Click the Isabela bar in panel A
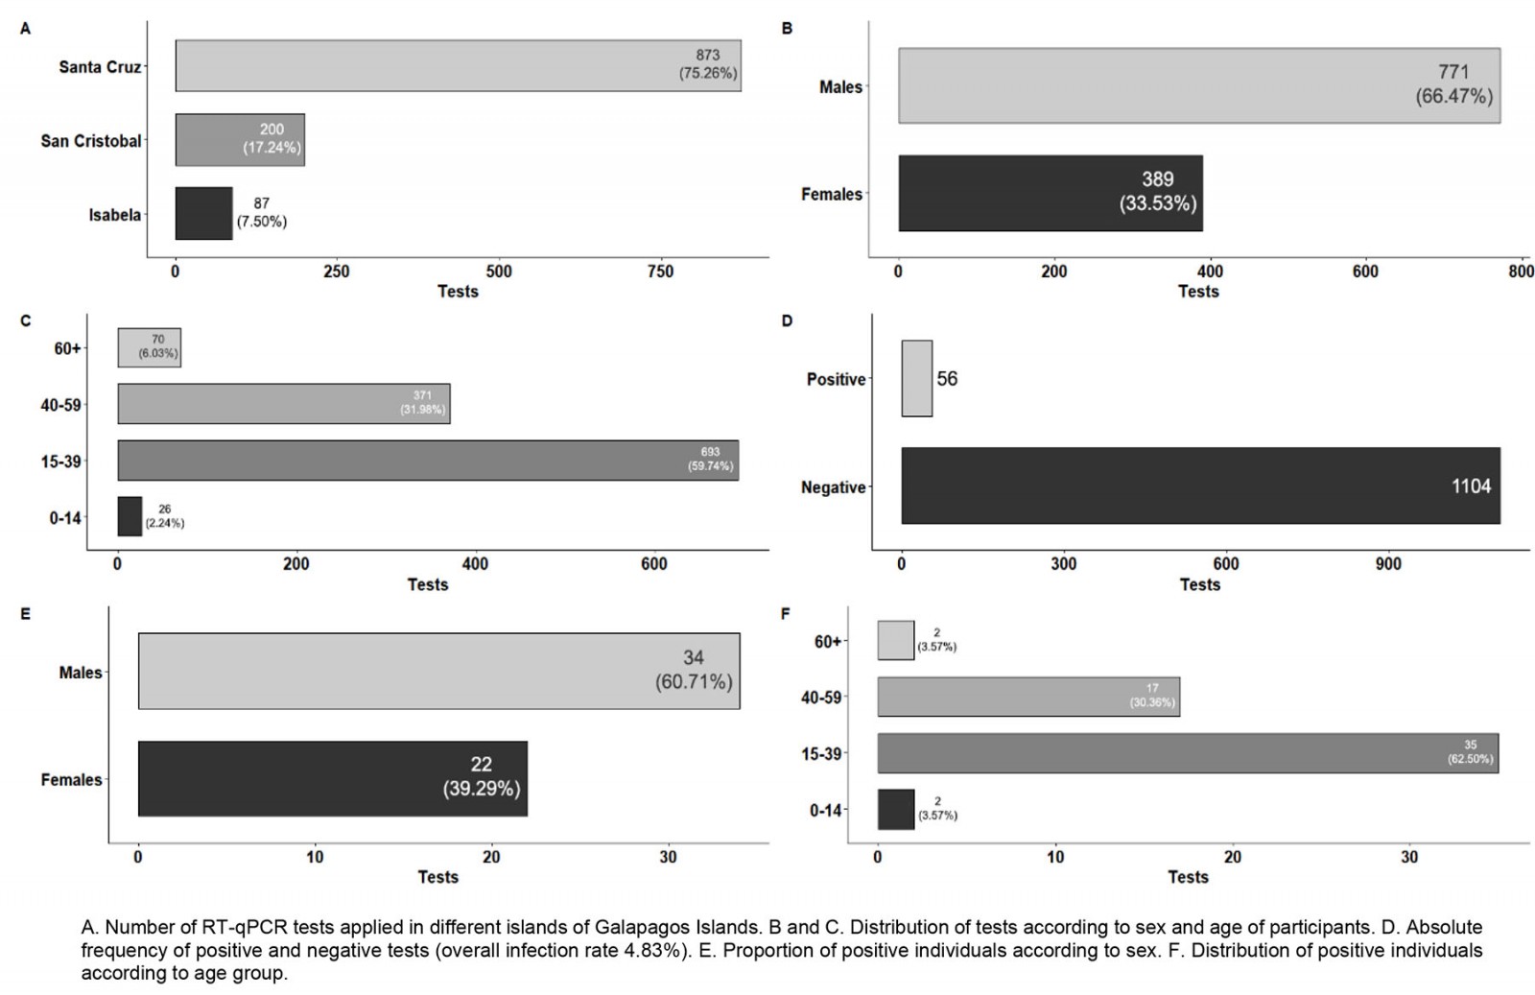click(x=203, y=213)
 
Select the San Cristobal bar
click(x=240, y=140)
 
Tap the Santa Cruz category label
click(x=100, y=67)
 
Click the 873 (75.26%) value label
click(x=708, y=64)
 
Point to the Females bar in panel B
click(x=1050, y=193)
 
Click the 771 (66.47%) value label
click(x=1453, y=84)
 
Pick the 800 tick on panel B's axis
click(x=1521, y=272)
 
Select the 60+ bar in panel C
click(x=149, y=347)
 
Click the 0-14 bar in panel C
click(x=130, y=516)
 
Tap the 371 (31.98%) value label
click(x=422, y=403)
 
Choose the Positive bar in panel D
click(x=916, y=378)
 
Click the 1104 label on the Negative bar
click(x=1471, y=486)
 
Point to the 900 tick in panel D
click(x=1388, y=564)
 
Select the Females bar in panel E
click(x=332, y=778)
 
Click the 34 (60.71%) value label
click(x=694, y=670)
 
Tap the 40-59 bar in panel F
click(x=1027, y=697)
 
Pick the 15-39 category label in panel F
click(x=821, y=754)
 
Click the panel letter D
click(x=787, y=320)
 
